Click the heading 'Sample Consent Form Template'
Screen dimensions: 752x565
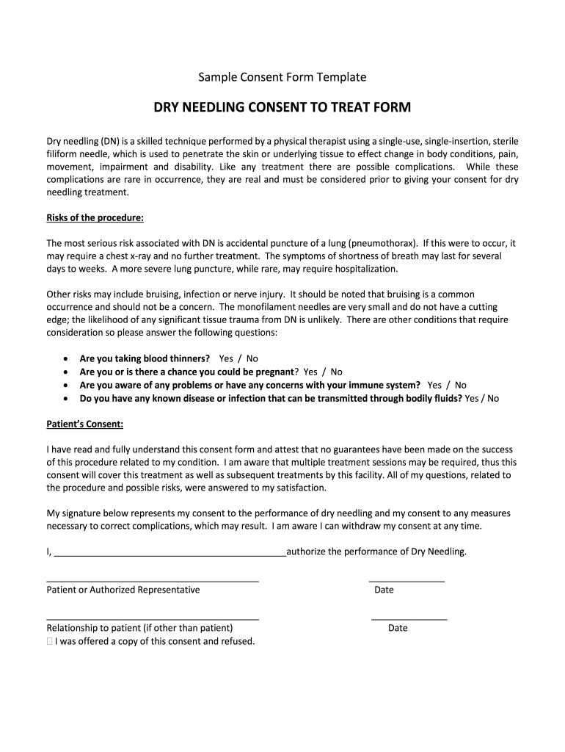pos(282,77)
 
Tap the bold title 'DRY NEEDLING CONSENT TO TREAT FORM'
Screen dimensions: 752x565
pos(282,108)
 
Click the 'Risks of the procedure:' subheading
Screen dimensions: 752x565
pos(95,218)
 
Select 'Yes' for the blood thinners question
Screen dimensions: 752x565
pos(226,358)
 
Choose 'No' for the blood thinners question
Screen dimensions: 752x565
pos(252,358)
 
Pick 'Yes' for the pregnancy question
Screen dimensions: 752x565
pos(310,372)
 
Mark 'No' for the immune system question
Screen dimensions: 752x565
pos(460,385)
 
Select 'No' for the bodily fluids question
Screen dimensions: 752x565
pos(492,398)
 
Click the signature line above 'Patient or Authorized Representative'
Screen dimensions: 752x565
pos(153,580)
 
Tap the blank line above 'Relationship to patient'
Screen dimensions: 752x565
pos(153,618)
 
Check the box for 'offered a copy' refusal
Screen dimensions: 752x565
pos(49,641)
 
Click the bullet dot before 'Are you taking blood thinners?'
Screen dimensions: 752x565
pos(67,358)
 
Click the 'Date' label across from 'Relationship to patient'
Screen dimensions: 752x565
pos(398,628)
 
